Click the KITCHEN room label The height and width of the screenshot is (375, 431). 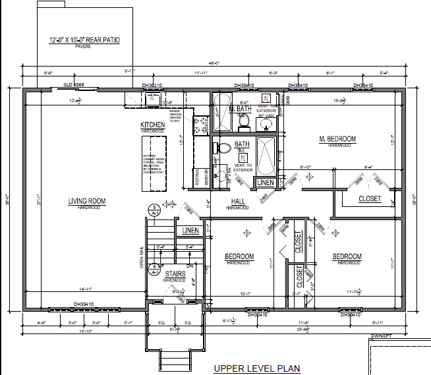[x=152, y=125]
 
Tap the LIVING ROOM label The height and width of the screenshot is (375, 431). [x=86, y=201]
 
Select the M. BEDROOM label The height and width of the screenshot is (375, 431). [x=337, y=139]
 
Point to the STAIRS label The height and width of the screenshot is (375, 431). [x=174, y=274]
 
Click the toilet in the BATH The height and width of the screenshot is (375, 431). [x=223, y=148]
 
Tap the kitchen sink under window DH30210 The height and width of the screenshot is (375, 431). [x=153, y=100]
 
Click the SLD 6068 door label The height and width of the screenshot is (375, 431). [x=73, y=86]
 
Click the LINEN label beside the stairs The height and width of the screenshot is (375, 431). [x=190, y=230]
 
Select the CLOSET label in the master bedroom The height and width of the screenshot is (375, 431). [x=369, y=198]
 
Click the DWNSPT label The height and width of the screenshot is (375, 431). [x=381, y=336]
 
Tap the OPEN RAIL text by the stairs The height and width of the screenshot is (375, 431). [x=140, y=257]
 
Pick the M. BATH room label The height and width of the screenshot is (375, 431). [x=239, y=108]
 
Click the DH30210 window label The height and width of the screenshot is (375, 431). [x=152, y=86]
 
